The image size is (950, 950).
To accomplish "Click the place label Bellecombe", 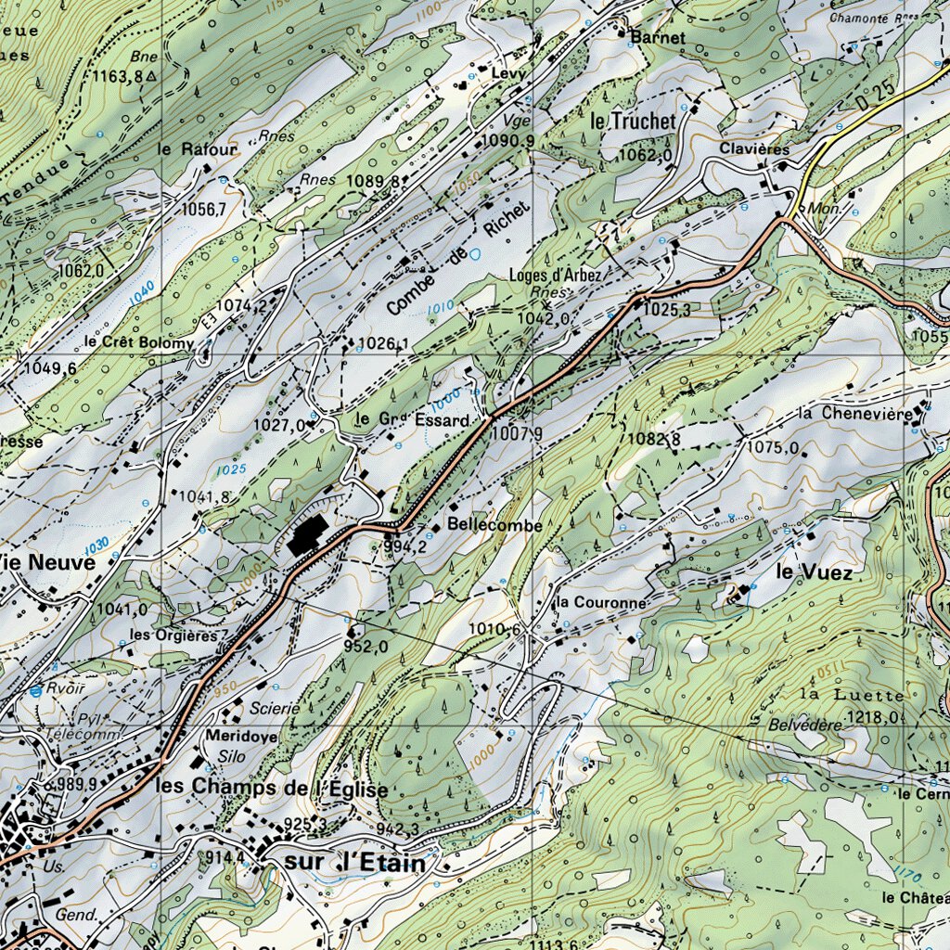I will click(494, 525).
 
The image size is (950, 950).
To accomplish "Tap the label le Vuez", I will click(814, 572).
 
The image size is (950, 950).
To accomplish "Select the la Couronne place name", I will click(600, 603).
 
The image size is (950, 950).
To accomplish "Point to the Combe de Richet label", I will click(458, 258).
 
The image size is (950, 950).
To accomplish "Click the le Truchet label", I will click(633, 121).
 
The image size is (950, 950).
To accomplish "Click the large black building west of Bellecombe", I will click(306, 536).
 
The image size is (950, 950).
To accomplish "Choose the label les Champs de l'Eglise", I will click(272, 788).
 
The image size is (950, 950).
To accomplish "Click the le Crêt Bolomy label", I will click(139, 342).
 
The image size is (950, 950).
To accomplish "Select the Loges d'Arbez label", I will click(555, 275).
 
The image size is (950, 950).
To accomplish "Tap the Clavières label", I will click(754, 149).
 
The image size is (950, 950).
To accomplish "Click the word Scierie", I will click(275, 709).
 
